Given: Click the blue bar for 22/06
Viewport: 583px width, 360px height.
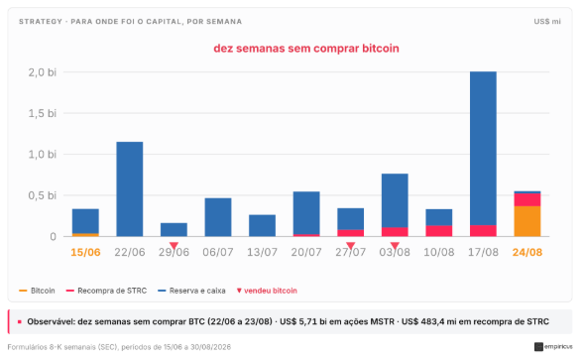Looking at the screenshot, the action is (129, 188).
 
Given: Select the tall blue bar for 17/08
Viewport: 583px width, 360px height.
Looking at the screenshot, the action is (483, 149).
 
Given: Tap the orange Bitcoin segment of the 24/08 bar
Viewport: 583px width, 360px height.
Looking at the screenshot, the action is (527, 221).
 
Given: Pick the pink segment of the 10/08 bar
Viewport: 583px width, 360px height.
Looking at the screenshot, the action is (438, 231).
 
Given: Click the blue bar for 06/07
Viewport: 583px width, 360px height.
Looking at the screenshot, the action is (218, 217).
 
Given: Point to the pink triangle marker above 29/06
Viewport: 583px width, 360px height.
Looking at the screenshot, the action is (174, 246).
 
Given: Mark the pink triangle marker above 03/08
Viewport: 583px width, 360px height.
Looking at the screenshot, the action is (395, 246).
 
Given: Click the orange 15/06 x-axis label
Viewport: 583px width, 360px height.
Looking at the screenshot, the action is (85, 253).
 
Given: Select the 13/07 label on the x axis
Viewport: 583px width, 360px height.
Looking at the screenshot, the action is (262, 253).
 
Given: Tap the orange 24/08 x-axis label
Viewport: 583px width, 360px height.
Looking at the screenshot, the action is (527, 253).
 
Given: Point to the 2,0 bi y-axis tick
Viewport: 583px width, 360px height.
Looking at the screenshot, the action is (43, 72).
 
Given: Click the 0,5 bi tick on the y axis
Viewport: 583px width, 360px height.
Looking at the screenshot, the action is (43, 195).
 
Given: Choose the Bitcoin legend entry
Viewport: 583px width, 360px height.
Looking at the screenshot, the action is (38, 291).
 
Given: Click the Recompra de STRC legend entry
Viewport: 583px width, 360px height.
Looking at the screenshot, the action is (106, 291).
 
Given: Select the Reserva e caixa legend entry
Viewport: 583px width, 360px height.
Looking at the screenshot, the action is (191, 291).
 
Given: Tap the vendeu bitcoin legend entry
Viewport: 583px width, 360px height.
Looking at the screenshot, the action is (267, 291).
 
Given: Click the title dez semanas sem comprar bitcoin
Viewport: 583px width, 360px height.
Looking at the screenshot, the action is (306, 49).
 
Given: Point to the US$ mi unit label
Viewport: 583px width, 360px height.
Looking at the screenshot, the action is (547, 22).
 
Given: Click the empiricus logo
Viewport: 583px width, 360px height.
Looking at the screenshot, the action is (553, 347).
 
